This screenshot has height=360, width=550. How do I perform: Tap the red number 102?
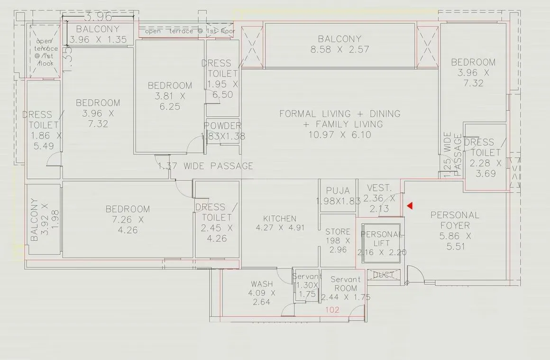(332, 310)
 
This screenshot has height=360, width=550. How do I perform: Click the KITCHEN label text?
(280, 219)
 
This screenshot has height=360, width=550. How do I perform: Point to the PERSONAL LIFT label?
(382, 239)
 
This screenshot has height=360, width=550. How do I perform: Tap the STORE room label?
(338, 232)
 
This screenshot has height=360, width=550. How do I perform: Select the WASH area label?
(262, 284)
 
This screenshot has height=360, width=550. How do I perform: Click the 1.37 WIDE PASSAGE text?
(205, 166)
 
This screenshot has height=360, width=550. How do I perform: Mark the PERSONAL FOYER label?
(455, 220)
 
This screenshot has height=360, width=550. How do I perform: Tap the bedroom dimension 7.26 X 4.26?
(128, 225)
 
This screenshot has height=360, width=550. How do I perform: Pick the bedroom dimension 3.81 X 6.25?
(170, 102)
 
